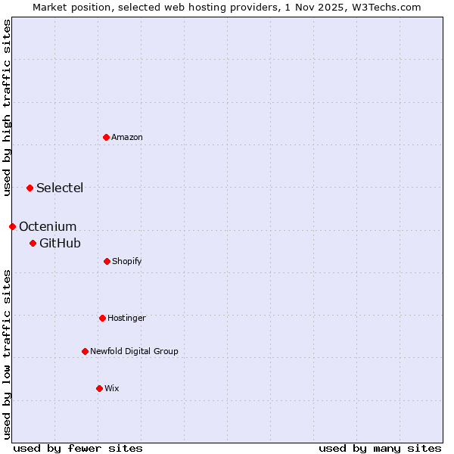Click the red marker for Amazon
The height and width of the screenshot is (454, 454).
coord(106,137)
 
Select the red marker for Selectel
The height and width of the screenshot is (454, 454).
coord(30,188)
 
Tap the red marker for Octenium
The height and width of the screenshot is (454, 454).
coord(12,226)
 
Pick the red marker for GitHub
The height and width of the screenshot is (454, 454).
coord(33,243)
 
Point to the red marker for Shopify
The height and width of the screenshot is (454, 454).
coord(107,261)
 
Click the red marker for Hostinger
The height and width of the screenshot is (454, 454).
coord(102,318)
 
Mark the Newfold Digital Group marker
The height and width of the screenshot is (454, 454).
coord(85,351)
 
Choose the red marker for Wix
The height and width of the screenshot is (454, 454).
coord(99,388)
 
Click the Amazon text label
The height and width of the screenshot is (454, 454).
coord(127,137)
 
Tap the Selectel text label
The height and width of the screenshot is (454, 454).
coord(60,188)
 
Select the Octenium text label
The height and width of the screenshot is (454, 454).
coord(48,226)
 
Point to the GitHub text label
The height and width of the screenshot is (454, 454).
coord(60,243)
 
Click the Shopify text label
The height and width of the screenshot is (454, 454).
coord(127,261)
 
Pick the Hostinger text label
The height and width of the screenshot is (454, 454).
coord(126,318)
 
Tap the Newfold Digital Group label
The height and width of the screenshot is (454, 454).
coord(134,351)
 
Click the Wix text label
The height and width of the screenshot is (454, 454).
coord(112,388)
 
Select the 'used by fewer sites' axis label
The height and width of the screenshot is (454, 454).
coord(78,448)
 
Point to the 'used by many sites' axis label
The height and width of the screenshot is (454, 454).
coord(380,448)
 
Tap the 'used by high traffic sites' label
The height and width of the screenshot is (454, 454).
coord(7,107)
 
